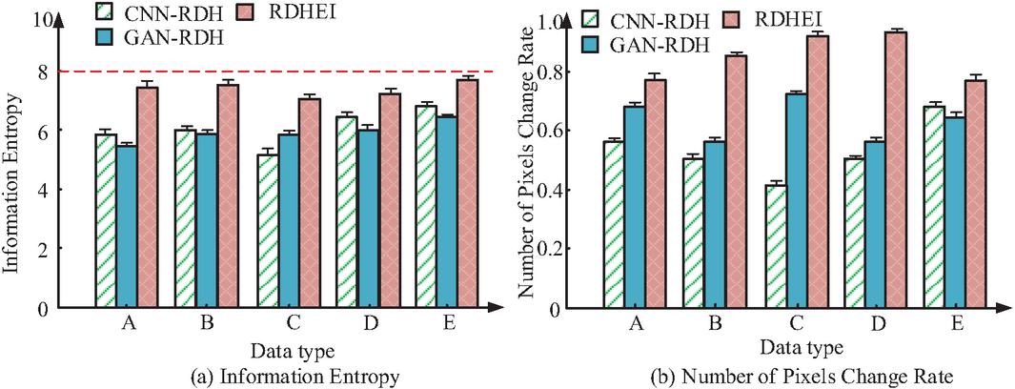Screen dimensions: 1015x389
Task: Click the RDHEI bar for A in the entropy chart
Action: pyautogui.click(x=148, y=196)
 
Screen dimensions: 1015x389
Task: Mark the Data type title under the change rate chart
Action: pyautogui.click(x=801, y=348)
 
